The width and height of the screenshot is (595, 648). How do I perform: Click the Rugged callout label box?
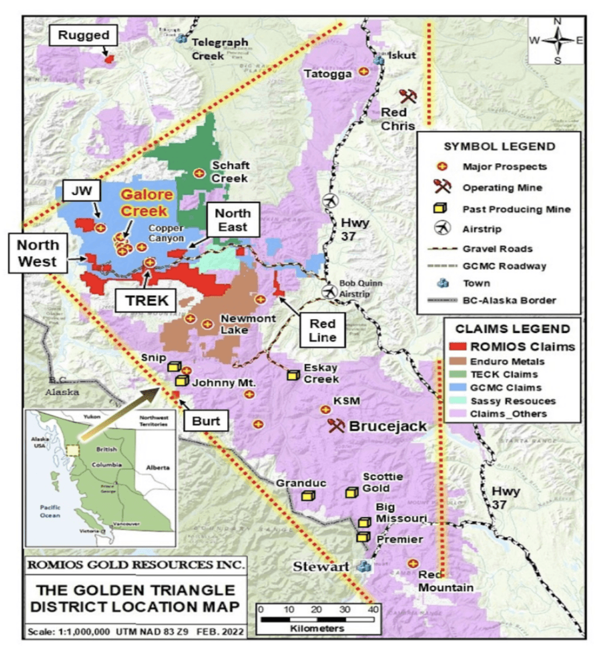84,35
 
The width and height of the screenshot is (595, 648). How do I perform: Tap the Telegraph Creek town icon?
181,39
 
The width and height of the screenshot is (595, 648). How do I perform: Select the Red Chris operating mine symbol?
407,96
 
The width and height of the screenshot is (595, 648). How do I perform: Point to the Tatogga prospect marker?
364,72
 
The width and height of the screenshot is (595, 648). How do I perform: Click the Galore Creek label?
144,203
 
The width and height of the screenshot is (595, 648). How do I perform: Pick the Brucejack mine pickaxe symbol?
336,425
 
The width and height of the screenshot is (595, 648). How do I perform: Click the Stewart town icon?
364,566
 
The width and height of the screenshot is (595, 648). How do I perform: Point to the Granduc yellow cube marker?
309,496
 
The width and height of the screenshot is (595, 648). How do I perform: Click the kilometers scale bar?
316,619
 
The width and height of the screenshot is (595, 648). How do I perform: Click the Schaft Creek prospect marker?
198,174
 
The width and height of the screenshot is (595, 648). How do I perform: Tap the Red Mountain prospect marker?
413,564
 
